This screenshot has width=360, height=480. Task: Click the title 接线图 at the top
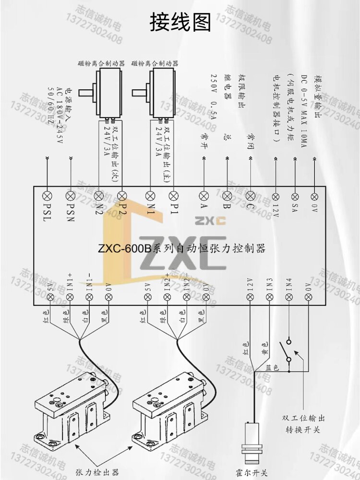point(180,23)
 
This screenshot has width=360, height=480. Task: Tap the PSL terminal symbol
point(48,195)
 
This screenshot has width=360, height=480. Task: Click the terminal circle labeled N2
point(99,195)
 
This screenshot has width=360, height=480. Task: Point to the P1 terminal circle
point(173,195)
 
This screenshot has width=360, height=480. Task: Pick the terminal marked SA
point(295,196)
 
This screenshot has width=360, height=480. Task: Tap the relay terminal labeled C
point(250,195)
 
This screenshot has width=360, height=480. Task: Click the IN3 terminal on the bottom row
point(269,298)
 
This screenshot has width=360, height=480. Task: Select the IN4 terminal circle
point(289,298)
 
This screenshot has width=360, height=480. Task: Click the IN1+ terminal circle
point(70,298)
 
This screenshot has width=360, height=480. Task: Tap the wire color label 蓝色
point(272,368)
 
